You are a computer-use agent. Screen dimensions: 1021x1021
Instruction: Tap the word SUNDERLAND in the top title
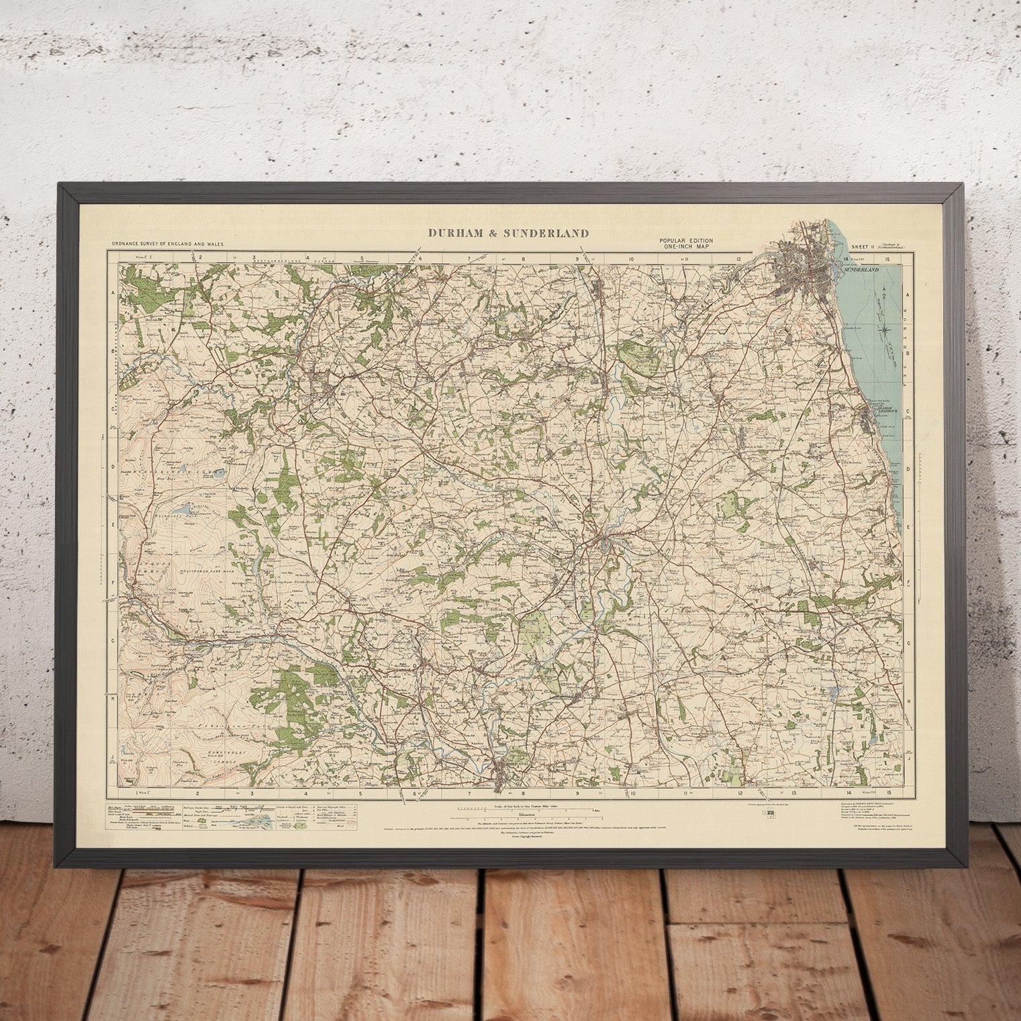(x=546, y=234)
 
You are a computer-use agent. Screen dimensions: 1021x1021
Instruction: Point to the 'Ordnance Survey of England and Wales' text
(x=168, y=245)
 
